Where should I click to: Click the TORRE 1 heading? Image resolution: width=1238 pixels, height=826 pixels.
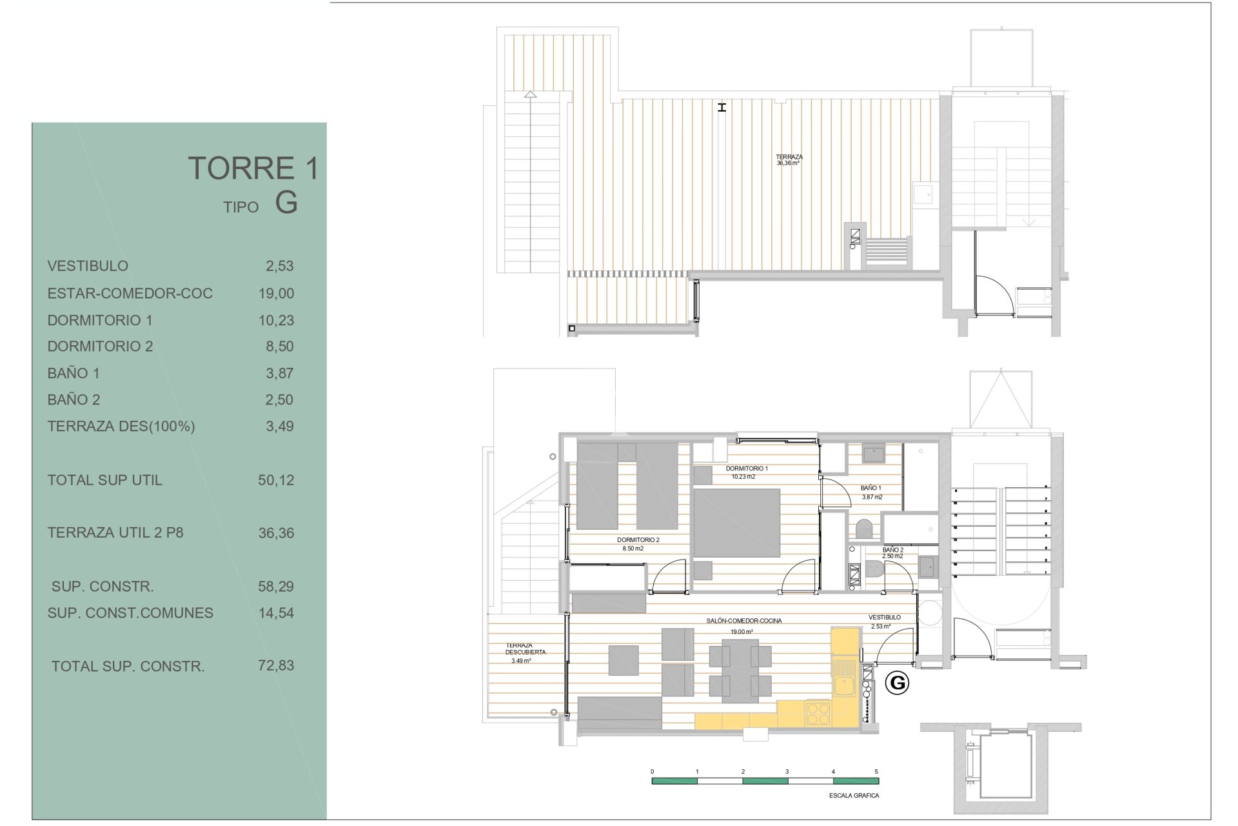pyautogui.click(x=253, y=168)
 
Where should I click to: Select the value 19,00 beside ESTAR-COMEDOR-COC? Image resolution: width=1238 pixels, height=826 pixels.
pyautogui.click(x=276, y=294)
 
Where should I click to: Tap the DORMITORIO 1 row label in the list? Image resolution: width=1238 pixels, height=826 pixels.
pyautogui.click(x=100, y=320)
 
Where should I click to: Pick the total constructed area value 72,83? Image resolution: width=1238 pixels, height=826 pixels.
pyautogui.click(x=276, y=665)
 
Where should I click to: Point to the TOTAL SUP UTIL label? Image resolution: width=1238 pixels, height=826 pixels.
pyautogui.click(x=104, y=480)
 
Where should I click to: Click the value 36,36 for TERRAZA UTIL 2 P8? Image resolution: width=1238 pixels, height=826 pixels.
pyautogui.click(x=276, y=533)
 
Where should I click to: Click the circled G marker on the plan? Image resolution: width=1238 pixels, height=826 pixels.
pyautogui.click(x=897, y=683)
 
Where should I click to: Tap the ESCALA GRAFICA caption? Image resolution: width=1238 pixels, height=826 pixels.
pyautogui.click(x=854, y=796)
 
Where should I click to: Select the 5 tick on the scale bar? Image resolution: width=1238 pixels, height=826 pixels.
pyautogui.click(x=876, y=772)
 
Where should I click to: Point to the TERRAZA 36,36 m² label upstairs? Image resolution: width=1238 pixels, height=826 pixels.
pyautogui.click(x=789, y=159)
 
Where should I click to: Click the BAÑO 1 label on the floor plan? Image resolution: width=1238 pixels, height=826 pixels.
pyautogui.click(x=871, y=489)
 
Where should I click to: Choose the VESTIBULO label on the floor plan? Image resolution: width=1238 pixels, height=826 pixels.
pyautogui.click(x=884, y=618)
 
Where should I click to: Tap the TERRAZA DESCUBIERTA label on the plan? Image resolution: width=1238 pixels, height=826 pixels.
pyautogui.click(x=520, y=649)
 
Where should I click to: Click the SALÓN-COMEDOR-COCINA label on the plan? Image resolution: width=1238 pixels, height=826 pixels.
pyautogui.click(x=743, y=621)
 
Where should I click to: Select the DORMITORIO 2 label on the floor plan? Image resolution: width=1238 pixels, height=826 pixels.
pyautogui.click(x=638, y=540)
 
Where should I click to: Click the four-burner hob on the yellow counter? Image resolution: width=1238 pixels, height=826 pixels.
pyautogui.click(x=818, y=714)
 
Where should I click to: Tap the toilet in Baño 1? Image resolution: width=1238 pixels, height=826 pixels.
pyautogui.click(x=863, y=530)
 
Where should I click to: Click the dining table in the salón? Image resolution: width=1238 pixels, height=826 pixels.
pyautogui.click(x=740, y=670)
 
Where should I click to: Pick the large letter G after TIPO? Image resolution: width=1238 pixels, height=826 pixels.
pyautogui.click(x=286, y=203)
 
